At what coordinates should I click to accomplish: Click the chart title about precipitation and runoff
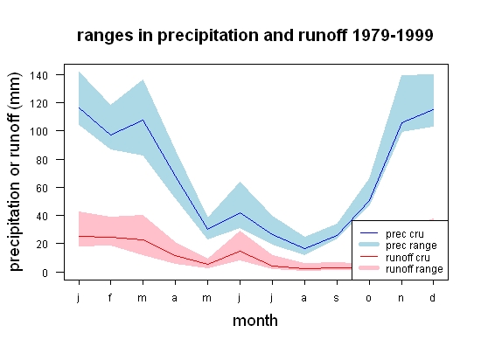pyautogui.click(x=254, y=36)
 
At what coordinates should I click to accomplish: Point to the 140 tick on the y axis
pyautogui.click(x=38, y=75)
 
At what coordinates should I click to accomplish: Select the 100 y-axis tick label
pyautogui.click(x=38, y=131)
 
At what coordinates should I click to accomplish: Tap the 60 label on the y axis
pyautogui.click(x=42, y=188)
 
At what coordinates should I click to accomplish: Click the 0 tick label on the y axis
pyautogui.click(x=45, y=273)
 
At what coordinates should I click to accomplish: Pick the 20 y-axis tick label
pyautogui.click(x=42, y=244)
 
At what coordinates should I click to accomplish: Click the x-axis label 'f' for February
pyautogui.click(x=110, y=297)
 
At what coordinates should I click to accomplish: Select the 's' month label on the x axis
pyautogui.click(x=336, y=298)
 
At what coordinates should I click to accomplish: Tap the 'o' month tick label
pyautogui.click(x=369, y=298)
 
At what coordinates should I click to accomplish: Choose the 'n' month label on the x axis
pyautogui.click(x=401, y=298)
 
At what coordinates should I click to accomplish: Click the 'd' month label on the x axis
pyautogui.click(x=432, y=297)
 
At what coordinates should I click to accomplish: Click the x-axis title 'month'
pyautogui.click(x=255, y=321)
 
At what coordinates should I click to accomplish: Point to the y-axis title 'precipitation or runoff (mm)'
pyautogui.click(x=15, y=171)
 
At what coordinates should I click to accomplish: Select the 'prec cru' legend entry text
pyautogui.click(x=405, y=234)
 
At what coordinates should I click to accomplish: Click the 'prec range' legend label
pyautogui.click(x=411, y=246)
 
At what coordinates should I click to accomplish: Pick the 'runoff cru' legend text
pyautogui.click(x=408, y=258)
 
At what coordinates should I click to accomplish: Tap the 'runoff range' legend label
pyautogui.click(x=415, y=269)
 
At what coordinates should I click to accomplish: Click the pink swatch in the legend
pyautogui.click(x=369, y=268)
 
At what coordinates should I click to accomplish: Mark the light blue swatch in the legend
pyautogui.click(x=369, y=245)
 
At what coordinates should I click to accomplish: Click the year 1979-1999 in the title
pyautogui.click(x=393, y=35)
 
